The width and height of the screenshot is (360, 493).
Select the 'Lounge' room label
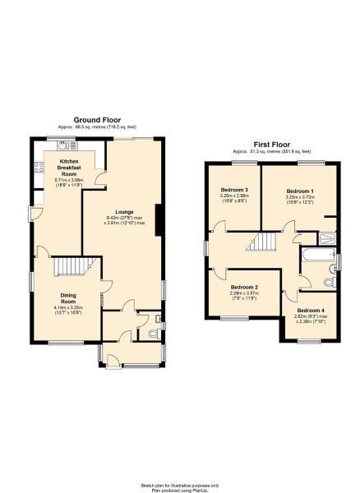tap(124, 210)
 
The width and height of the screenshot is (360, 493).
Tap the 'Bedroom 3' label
tap(235, 190)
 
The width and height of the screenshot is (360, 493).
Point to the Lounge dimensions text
tap(124, 220)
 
